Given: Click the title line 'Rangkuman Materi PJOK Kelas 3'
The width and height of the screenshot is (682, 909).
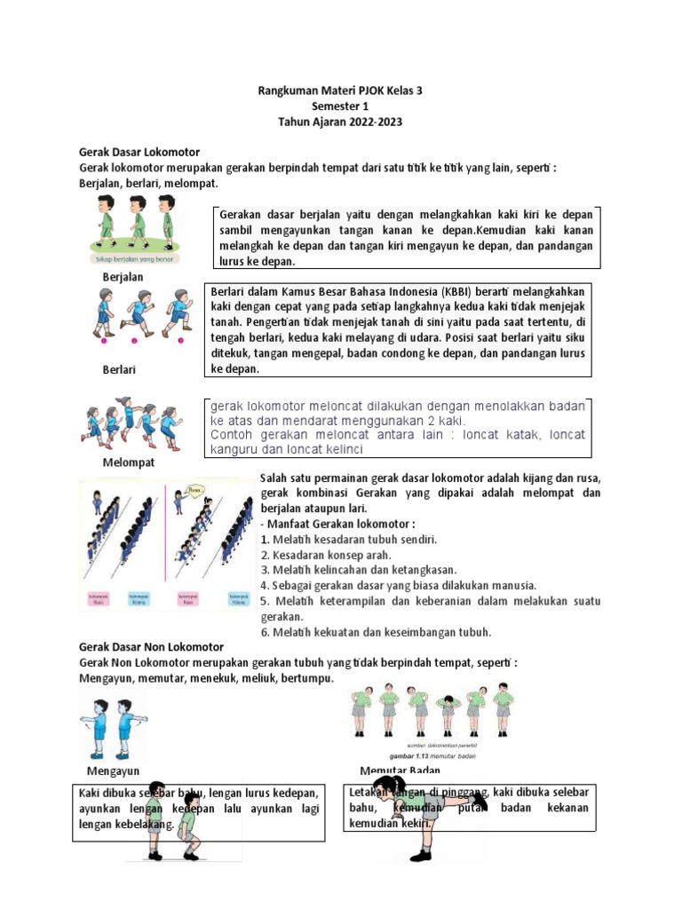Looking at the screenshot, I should (x=340, y=90).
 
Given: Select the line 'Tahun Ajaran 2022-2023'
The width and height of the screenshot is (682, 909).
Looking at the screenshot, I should (x=340, y=122).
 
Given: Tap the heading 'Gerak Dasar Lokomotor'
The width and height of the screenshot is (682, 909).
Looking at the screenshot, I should (x=139, y=153).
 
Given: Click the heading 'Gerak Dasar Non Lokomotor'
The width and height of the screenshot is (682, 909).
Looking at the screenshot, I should (x=151, y=647).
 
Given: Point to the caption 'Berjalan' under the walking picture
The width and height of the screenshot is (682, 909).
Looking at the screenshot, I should (x=123, y=277).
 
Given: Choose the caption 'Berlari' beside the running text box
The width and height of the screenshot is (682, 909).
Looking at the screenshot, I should (x=119, y=368).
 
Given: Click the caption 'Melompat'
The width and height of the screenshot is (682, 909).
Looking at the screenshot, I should (x=129, y=462).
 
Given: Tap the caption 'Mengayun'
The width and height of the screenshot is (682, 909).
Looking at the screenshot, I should (x=114, y=770).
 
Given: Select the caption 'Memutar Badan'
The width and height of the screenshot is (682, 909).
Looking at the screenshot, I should (x=401, y=770).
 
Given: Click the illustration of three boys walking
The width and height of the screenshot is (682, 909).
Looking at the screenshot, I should (x=137, y=224).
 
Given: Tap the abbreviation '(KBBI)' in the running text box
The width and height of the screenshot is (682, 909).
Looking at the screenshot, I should (x=459, y=291).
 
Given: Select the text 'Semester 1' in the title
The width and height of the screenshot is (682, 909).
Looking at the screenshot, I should (x=340, y=106).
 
